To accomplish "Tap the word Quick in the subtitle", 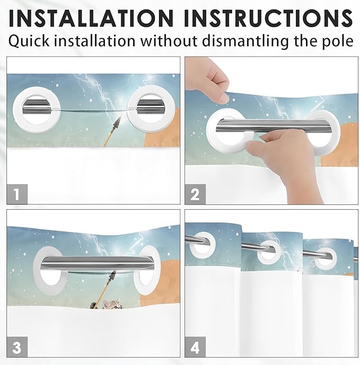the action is (x=29, y=41).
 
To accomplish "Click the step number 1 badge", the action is (x=17, y=194).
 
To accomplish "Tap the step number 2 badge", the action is (x=195, y=194).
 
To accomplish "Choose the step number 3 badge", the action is (x=17, y=347).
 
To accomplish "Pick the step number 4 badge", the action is (x=195, y=347).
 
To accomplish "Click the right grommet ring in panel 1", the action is (x=131, y=110).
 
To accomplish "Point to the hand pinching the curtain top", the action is (x=206, y=79).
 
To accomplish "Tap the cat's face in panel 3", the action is (x=112, y=304).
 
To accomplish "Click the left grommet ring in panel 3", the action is (x=37, y=270).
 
